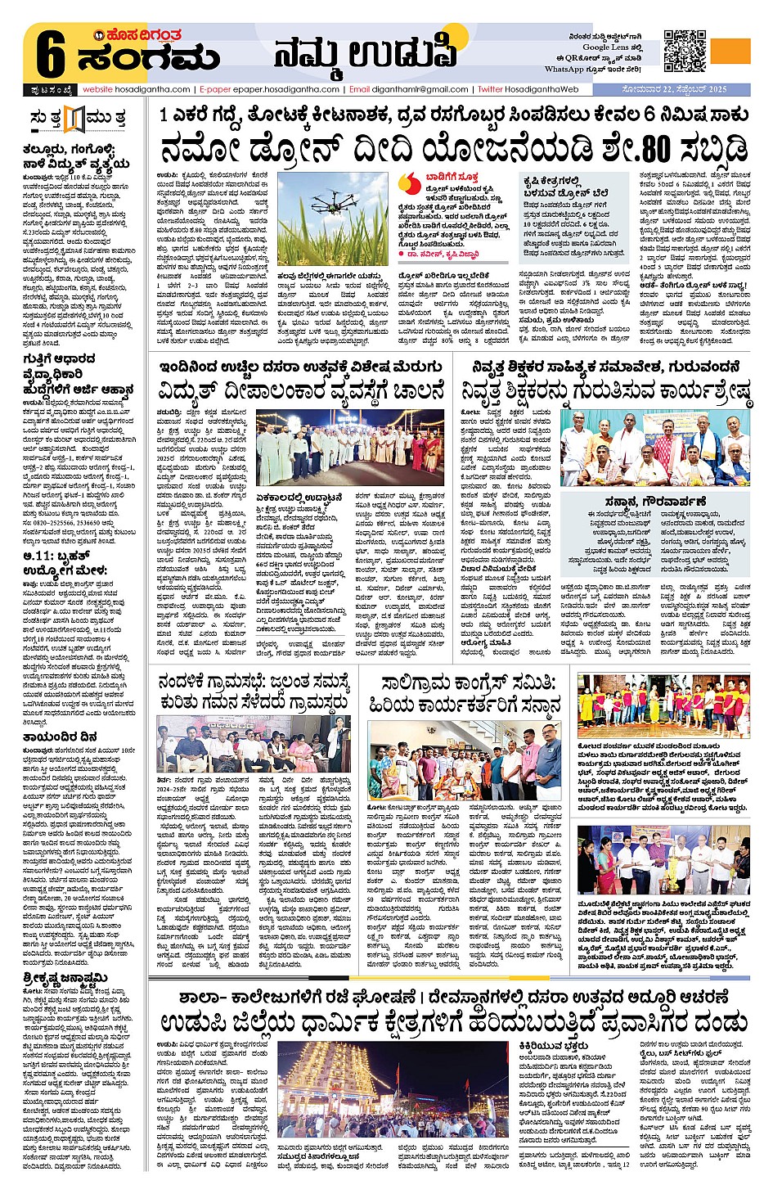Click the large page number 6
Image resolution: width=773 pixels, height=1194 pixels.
50,55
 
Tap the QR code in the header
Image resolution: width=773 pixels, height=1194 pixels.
685,52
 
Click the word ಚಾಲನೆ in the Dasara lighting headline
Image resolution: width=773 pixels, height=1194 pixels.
417,390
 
